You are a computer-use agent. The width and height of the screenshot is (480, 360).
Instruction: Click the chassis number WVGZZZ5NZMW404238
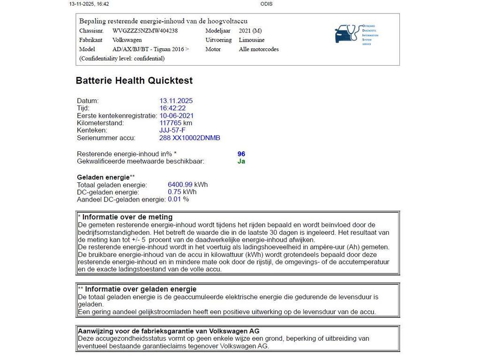pyautogui.click(x=145, y=30)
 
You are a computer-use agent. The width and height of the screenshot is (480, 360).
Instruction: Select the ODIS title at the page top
pyautogui.click(x=266, y=4)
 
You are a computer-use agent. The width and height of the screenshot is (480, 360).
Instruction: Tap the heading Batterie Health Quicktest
pyautogui.click(x=134, y=81)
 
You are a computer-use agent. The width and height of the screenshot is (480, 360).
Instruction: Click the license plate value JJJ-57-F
pyautogui.click(x=172, y=130)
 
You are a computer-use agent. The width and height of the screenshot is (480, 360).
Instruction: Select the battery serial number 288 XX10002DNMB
pyautogui.click(x=190, y=138)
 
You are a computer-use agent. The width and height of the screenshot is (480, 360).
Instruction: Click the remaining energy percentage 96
pyautogui.click(x=241, y=154)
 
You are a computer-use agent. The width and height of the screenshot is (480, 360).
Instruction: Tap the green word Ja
pyautogui.click(x=241, y=161)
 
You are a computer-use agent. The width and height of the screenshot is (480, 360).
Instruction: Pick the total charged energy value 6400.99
pyautogui.click(x=180, y=185)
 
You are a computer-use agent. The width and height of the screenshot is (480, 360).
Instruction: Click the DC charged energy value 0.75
pyautogui.click(x=175, y=192)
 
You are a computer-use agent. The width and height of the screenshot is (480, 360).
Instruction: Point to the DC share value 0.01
pyautogui.click(x=174, y=199)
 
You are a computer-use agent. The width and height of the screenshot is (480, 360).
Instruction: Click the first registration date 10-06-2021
pyautogui.click(x=177, y=115)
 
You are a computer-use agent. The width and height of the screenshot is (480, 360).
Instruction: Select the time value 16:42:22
pyautogui.click(x=173, y=108)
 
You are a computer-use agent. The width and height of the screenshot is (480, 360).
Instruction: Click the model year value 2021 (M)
pyautogui.click(x=250, y=30)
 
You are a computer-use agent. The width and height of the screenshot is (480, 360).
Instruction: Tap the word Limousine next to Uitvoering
pyautogui.click(x=252, y=40)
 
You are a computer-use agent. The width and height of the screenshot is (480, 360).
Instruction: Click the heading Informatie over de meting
pyautogui.click(x=127, y=217)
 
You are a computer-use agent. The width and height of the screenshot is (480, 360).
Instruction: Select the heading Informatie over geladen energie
pyautogui.click(x=141, y=289)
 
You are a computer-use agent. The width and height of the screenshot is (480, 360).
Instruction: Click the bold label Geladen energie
pyautogui.click(x=103, y=177)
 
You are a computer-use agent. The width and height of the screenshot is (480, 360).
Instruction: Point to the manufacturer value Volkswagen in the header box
pyautogui.click(x=127, y=40)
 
